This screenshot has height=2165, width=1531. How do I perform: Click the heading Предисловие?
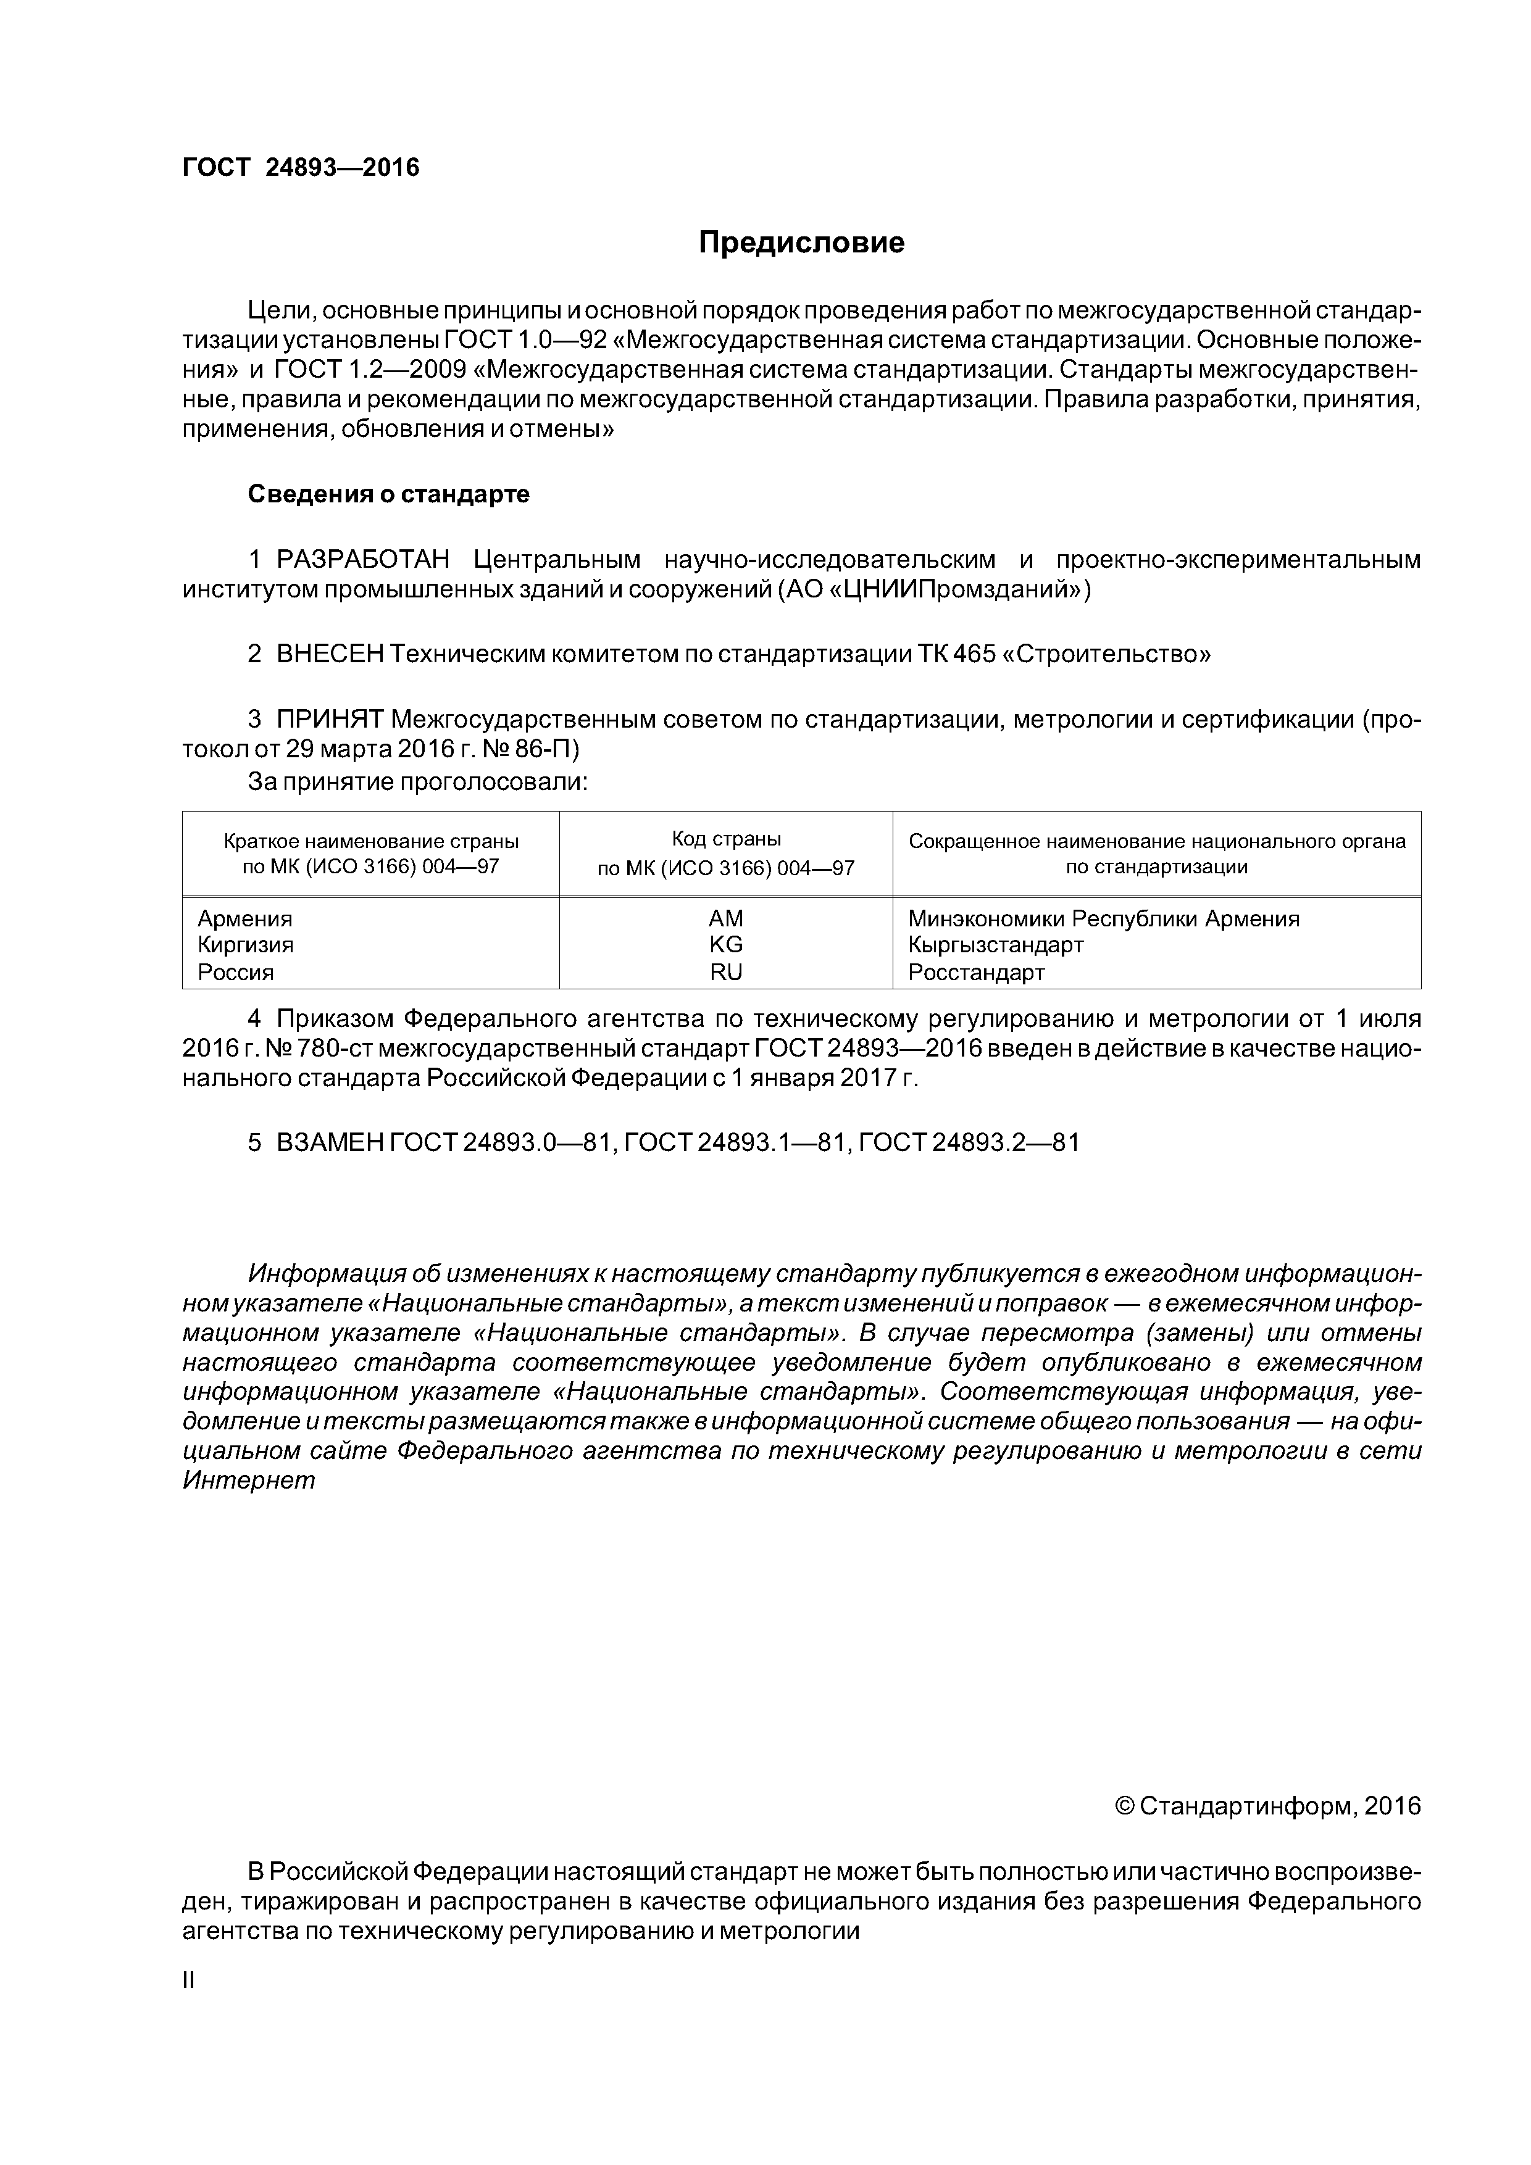[x=801, y=243]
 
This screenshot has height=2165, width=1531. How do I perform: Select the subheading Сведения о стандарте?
[x=388, y=494]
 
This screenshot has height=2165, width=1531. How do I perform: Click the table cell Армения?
[x=244, y=918]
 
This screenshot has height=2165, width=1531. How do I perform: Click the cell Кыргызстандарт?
[x=995, y=945]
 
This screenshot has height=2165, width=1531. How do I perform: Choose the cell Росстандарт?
[x=977, y=972]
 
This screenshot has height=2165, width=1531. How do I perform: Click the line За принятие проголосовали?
[x=417, y=781]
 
